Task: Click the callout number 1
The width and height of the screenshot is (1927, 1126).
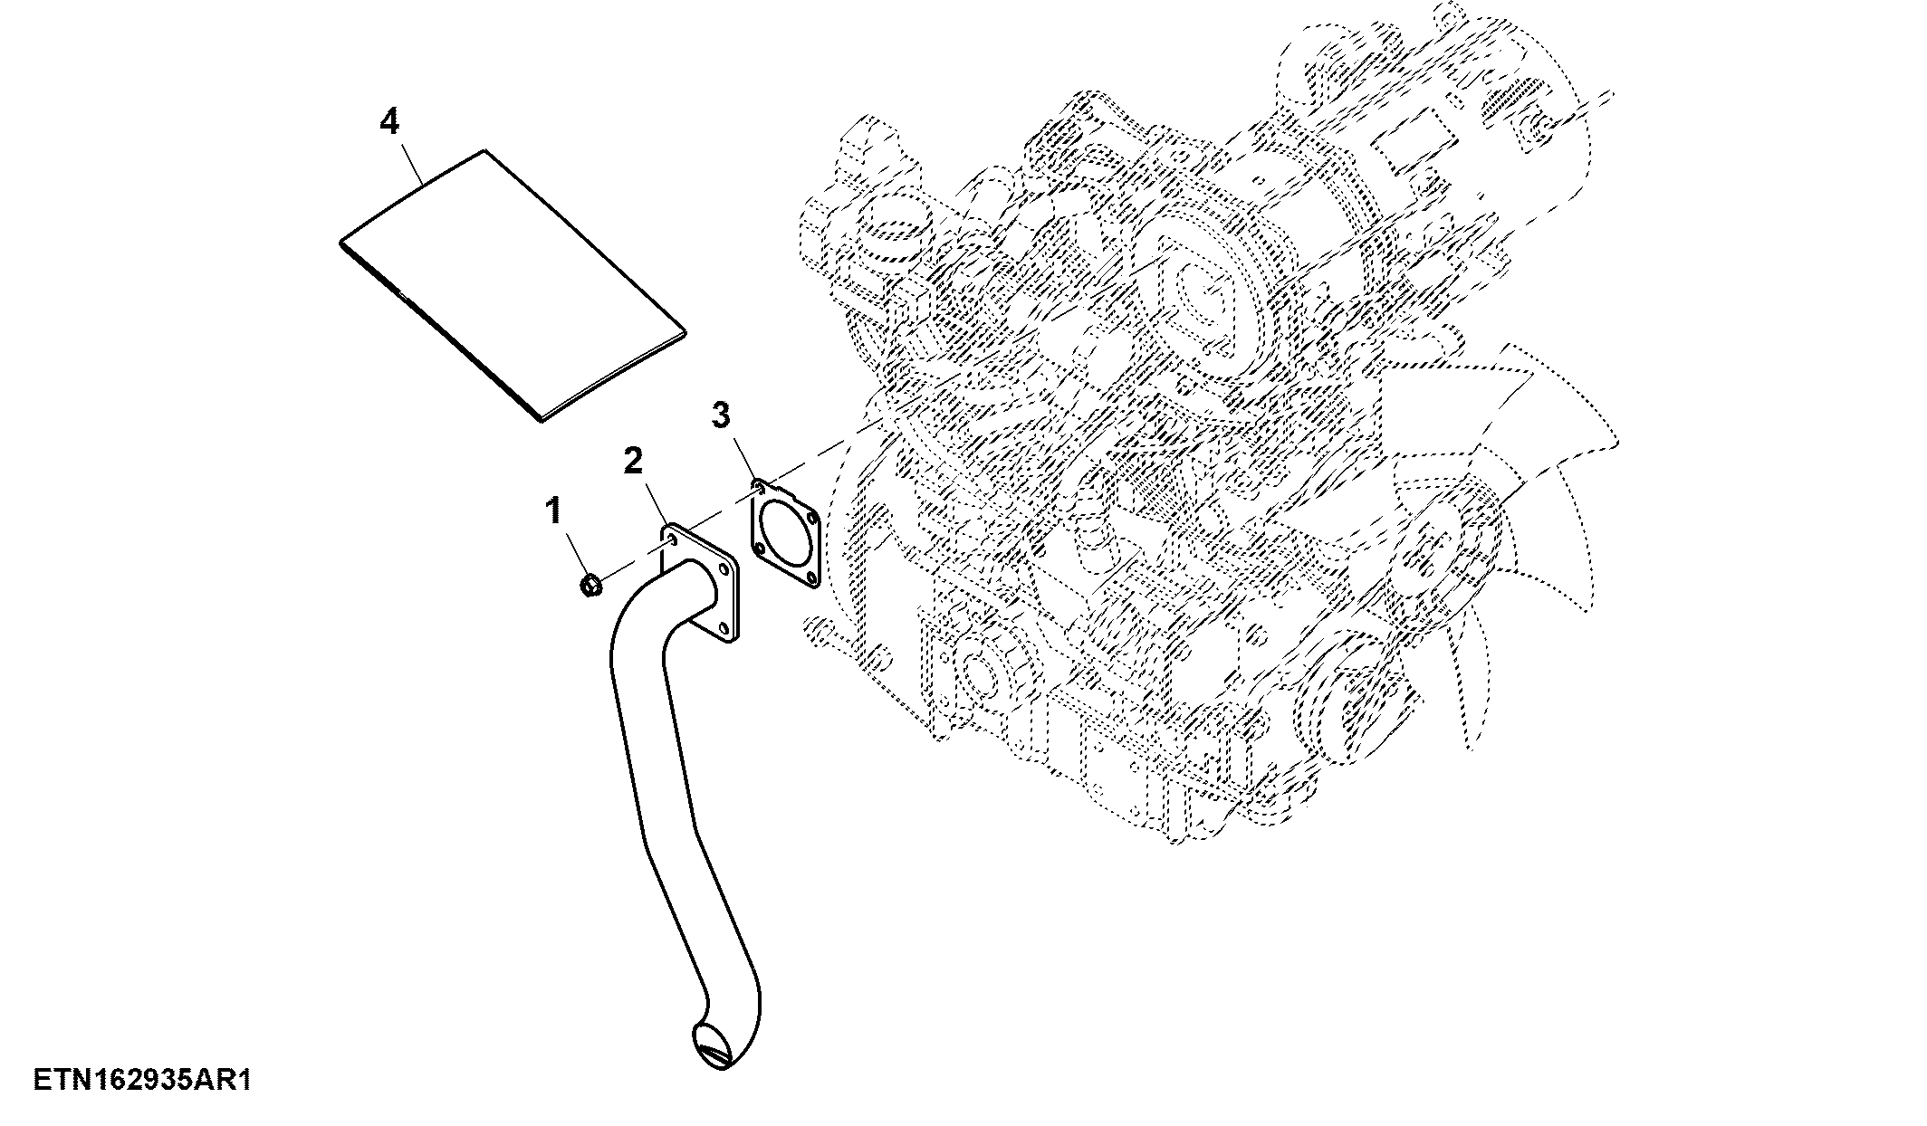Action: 553,511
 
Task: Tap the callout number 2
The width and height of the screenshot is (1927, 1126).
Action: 632,460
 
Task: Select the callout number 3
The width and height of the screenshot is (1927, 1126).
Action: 720,415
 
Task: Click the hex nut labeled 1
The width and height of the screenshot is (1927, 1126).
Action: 590,587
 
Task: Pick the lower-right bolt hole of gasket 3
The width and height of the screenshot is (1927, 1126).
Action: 812,577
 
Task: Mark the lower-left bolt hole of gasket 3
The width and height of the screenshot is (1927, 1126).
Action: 760,547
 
